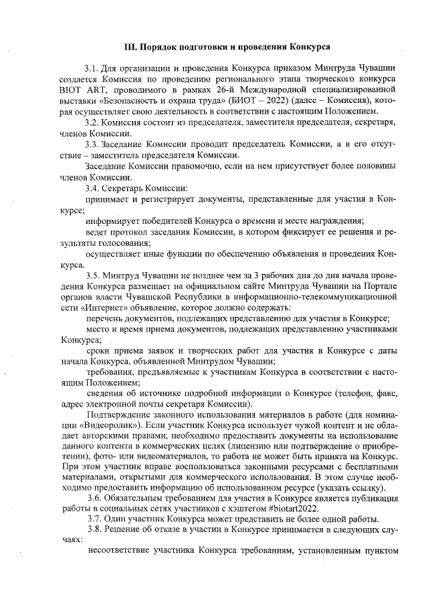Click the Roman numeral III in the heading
pos(130,47)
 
